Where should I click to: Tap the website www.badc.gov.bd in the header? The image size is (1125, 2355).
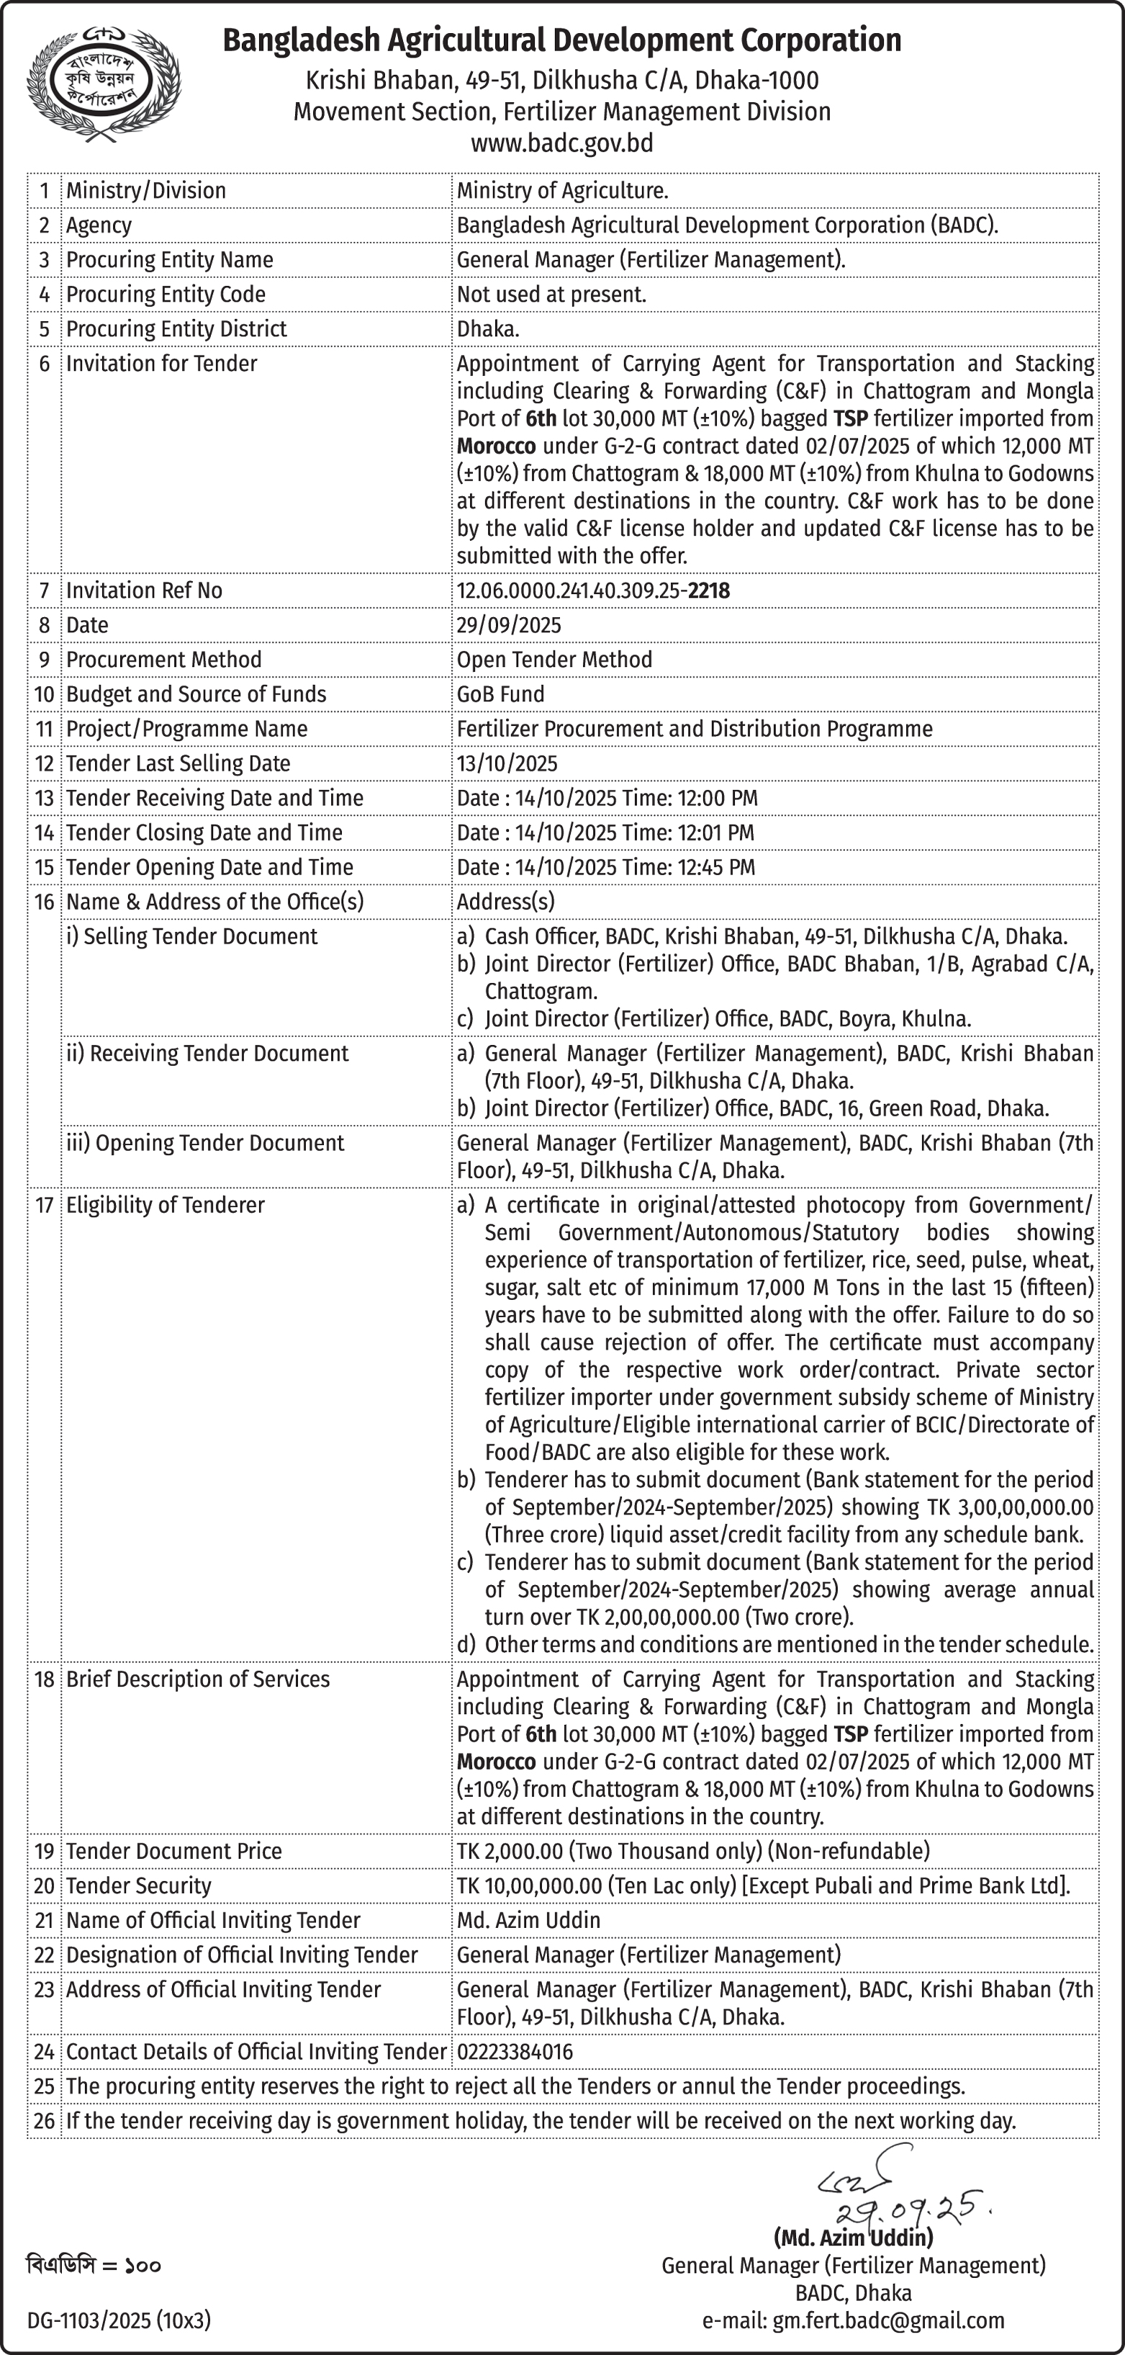point(561,143)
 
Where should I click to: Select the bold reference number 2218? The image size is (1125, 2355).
point(709,591)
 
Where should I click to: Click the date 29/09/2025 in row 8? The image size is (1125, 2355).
point(509,625)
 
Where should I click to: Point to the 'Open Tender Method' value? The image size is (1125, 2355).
point(554,660)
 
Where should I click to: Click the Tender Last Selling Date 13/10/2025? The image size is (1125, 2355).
point(507,763)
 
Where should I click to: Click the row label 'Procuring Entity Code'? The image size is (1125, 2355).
point(166,295)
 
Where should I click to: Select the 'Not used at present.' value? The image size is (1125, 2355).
point(551,295)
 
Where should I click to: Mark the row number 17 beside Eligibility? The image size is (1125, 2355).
point(44,1205)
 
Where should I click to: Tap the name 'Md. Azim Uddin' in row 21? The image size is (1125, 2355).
point(528,1920)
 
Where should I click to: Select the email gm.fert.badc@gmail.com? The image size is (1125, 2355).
point(887,2320)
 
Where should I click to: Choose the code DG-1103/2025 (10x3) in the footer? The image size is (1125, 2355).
point(119,2320)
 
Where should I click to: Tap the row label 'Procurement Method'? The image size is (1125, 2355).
point(163,660)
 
